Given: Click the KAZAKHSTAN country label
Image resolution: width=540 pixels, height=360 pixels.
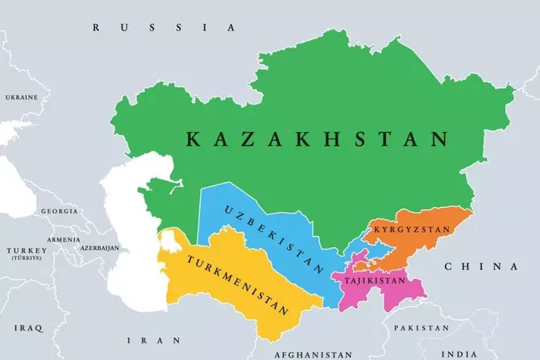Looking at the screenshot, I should click(x=317, y=139).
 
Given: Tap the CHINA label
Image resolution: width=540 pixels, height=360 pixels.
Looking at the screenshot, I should click(x=480, y=267).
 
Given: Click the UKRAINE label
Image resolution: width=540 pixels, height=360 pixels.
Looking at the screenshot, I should click(x=21, y=97).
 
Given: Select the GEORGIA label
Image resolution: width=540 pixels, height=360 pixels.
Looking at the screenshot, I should click(x=60, y=211).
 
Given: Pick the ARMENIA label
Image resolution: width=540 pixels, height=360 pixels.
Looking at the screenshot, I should click(x=64, y=239).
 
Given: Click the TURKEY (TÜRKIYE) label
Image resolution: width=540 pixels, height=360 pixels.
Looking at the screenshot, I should click(x=27, y=254).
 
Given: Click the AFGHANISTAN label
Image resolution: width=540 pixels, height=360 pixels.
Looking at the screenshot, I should click(x=313, y=354).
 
